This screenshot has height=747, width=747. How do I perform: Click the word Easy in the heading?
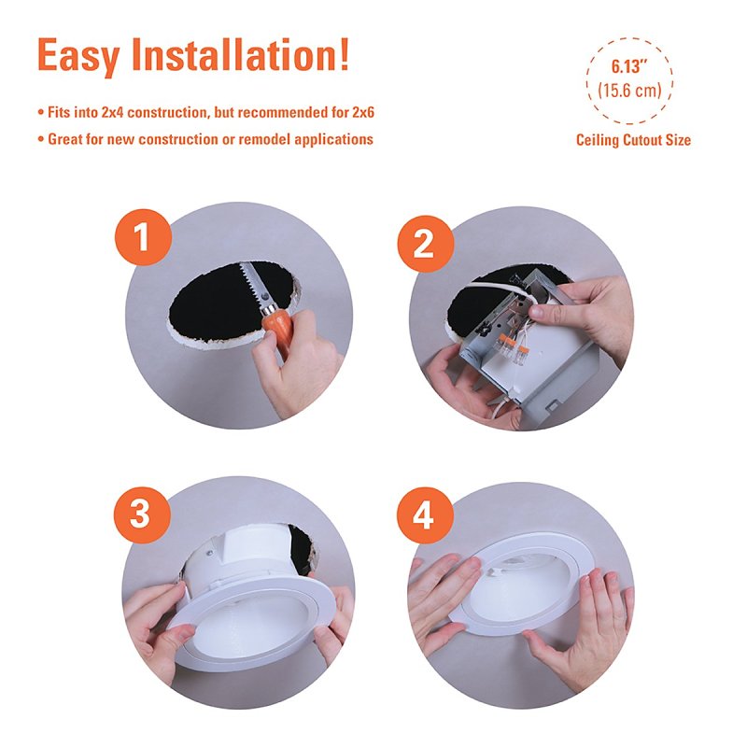(78, 56)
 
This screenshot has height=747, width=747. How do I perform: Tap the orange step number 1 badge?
(143, 237)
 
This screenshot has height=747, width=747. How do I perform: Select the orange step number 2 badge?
(426, 244)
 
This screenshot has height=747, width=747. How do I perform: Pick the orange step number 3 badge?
(142, 514)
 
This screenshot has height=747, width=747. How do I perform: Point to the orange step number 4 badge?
(425, 515)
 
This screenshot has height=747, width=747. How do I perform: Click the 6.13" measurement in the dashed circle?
(626, 66)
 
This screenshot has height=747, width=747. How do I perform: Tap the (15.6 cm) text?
(629, 90)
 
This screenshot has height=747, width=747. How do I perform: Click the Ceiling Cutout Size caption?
(633, 140)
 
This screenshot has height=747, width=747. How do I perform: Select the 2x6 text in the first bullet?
(363, 112)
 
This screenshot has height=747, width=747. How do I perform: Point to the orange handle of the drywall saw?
(276, 329)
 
